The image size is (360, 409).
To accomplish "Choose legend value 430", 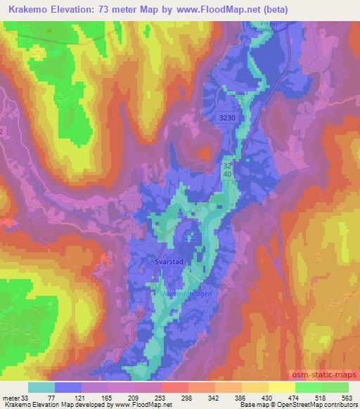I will coord(267,397).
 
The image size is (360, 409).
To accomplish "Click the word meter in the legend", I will coord(9,397).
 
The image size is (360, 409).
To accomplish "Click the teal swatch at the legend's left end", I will coord(41,387).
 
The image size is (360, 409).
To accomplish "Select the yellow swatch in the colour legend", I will coord(282,387).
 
